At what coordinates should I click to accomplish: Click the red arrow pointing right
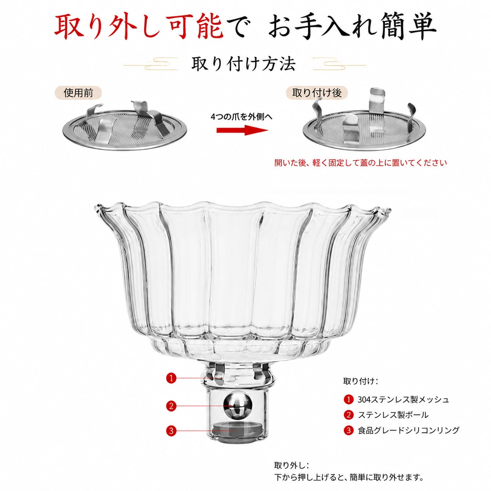pos(242,130)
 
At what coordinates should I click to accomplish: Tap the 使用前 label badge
pos(78,93)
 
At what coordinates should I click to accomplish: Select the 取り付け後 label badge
pos(317,93)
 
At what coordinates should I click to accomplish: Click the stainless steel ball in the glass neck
pos(238,406)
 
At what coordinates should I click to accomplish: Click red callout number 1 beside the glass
pos(171,378)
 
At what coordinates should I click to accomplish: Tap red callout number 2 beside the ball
pos(171,406)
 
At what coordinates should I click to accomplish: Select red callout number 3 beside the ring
pos(171,431)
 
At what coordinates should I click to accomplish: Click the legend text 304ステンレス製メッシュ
pos(403,399)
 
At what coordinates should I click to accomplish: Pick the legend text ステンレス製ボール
pos(393,415)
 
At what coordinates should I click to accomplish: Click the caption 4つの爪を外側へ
pos(242,117)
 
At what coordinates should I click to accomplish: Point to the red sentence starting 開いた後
pos(361,162)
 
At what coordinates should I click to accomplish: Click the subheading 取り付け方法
pos(244,64)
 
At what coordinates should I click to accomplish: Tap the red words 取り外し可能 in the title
pos(139,27)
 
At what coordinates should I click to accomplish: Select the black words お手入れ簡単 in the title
pos(353,27)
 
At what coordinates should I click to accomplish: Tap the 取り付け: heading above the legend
pos(361,381)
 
